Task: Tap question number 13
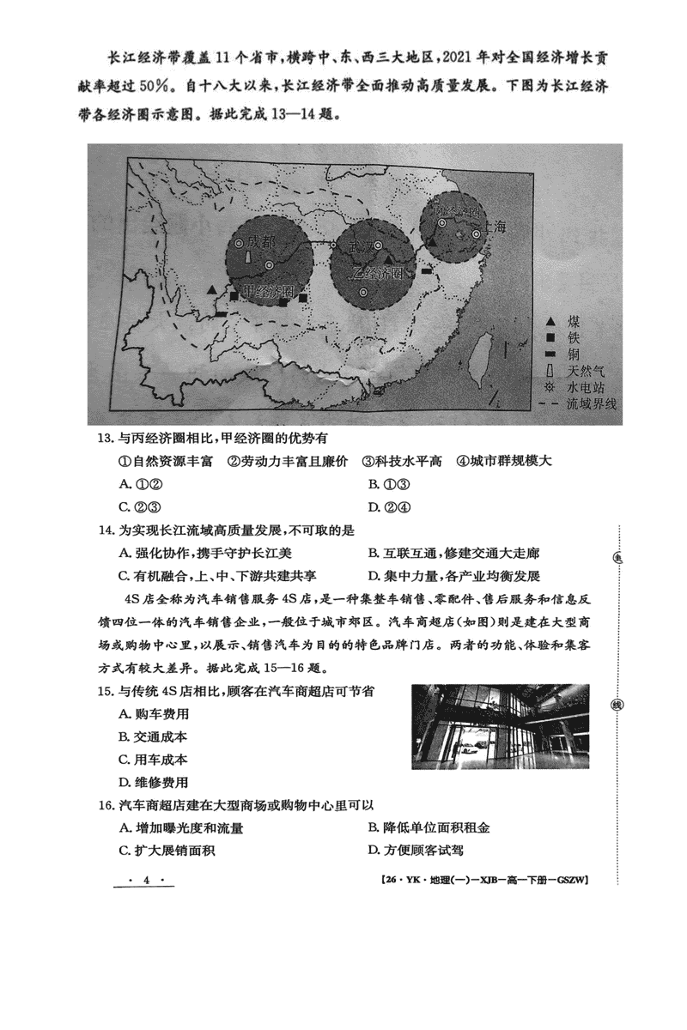point(105,439)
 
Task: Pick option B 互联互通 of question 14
point(453,554)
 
